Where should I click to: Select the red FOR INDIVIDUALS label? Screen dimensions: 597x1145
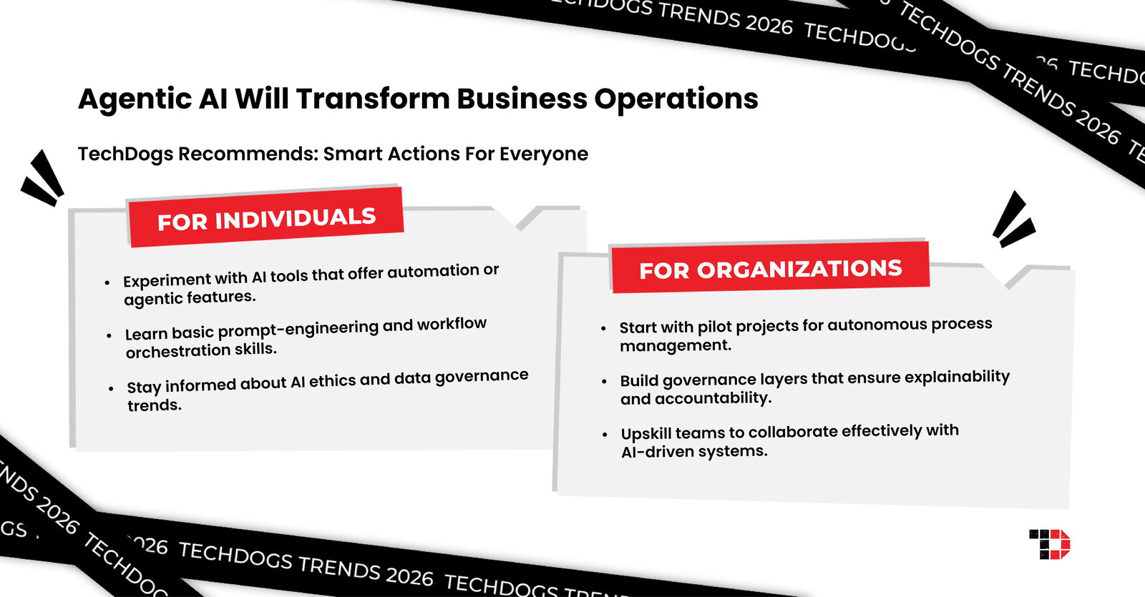265,217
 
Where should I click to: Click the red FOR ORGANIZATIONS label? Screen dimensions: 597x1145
770,268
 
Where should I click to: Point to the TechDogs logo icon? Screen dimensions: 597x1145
1049,544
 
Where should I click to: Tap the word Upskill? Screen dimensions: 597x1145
646,433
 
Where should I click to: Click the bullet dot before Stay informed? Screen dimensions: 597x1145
111,389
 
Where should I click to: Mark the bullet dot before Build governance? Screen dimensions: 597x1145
604,382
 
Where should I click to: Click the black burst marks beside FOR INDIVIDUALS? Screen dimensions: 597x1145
42,178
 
